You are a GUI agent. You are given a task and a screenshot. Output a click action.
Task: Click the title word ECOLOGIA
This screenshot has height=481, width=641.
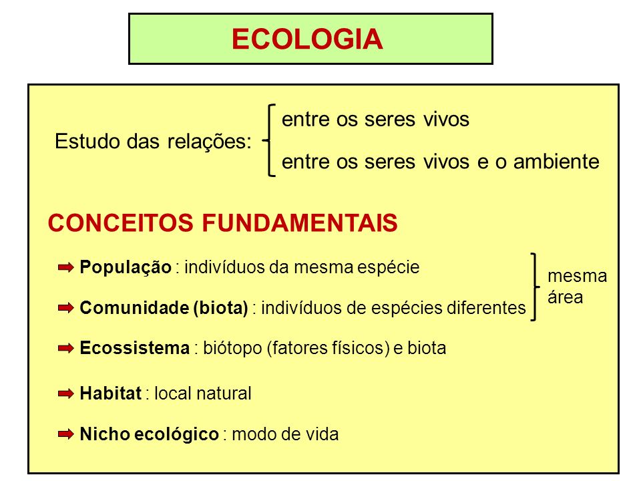(x=307, y=39)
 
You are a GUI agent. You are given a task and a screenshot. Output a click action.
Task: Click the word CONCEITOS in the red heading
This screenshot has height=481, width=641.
(x=121, y=223)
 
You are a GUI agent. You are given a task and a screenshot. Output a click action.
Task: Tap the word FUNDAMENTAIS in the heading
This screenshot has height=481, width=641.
(x=300, y=223)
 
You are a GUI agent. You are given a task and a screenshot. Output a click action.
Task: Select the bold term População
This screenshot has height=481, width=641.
(x=126, y=267)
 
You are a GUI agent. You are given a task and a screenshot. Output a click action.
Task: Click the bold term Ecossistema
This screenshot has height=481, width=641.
(x=134, y=348)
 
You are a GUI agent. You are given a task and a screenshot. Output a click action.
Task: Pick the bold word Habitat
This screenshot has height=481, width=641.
(x=110, y=393)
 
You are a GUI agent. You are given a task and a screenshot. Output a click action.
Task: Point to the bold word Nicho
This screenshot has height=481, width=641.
(x=104, y=434)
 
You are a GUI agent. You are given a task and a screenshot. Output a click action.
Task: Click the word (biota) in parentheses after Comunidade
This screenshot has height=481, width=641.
(x=221, y=308)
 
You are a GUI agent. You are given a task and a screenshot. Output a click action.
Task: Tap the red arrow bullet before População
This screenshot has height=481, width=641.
(x=66, y=267)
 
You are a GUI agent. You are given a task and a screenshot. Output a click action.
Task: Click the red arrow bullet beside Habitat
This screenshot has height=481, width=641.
(x=66, y=393)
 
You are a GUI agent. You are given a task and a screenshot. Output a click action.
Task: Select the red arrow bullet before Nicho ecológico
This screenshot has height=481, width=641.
(x=66, y=434)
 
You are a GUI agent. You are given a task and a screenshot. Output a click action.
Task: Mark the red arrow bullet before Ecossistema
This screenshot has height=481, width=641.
(x=66, y=348)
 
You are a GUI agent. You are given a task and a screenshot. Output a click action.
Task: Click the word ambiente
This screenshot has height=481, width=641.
(x=556, y=161)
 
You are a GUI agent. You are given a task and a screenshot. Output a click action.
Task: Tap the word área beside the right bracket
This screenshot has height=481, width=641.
(x=566, y=297)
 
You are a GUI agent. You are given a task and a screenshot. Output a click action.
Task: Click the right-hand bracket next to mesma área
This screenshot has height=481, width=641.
(x=534, y=287)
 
